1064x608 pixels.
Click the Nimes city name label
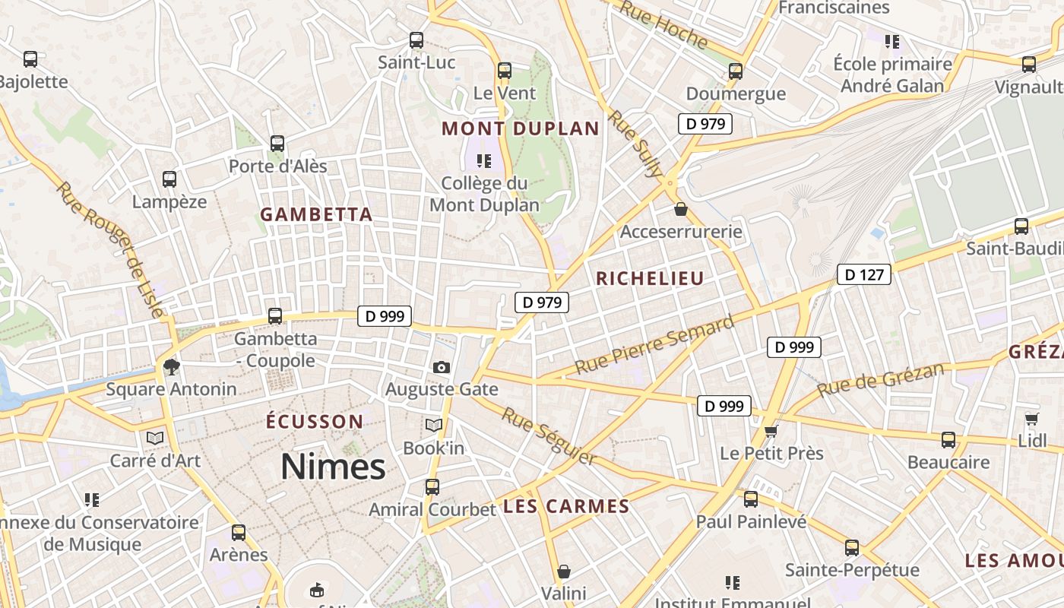coord(333,466)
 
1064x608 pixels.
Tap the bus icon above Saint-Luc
coord(416,40)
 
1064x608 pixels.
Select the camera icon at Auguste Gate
coord(442,367)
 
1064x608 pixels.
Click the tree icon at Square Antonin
coord(171,367)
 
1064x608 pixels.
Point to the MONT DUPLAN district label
coord(521,128)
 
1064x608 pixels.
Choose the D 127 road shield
coord(863,274)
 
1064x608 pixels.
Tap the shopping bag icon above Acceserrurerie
coord(681,209)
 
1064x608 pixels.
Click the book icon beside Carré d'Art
coord(155,439)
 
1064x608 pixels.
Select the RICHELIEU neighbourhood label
coord(650,279)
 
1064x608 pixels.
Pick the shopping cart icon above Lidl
coord(1031,419)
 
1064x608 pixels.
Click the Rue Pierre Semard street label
coord(654,345)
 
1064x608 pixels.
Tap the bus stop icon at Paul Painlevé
coord(751,499)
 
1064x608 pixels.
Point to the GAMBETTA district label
coord(316,215)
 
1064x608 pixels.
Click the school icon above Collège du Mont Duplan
coord(484,160)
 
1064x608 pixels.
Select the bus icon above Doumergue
coord(735,71)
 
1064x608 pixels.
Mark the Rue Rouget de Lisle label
coord(109,249)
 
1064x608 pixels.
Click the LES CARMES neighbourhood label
coord(566,507)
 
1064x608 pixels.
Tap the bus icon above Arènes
coord(239,533)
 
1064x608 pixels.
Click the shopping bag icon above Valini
coord(563,572)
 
